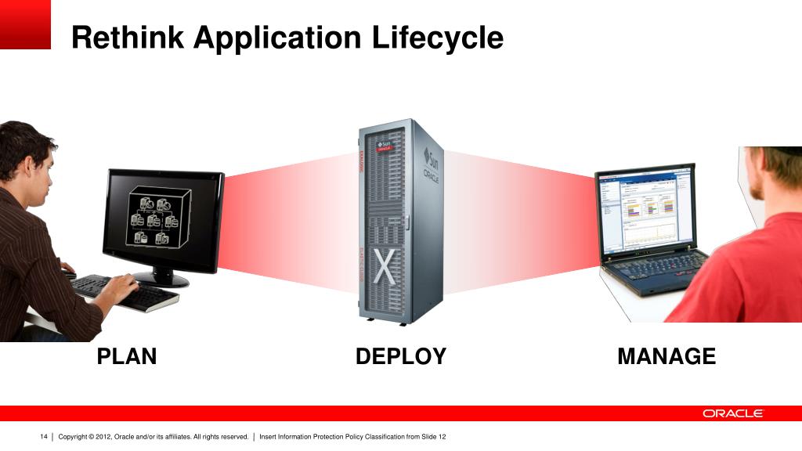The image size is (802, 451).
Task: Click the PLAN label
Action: point(127,357)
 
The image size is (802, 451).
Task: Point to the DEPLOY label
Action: point(400,357)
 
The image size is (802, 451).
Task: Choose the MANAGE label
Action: point(667,357)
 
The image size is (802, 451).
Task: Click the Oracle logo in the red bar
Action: point(732,413)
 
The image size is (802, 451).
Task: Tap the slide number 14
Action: point(44,436)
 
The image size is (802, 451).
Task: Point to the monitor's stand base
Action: point(161,279)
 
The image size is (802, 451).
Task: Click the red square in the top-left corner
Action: point(25,24)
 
